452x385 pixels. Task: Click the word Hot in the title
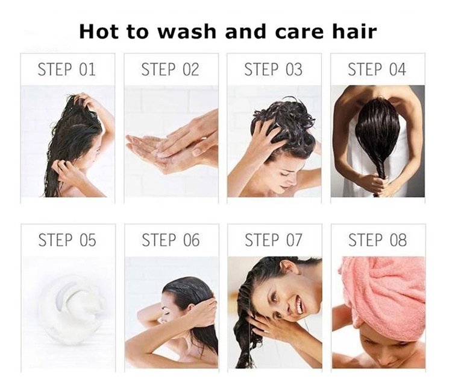pos(99,31)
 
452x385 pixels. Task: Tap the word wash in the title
pos(187,31)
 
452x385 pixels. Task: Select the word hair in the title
pos(354,31)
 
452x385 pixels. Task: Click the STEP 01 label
pos(66,69)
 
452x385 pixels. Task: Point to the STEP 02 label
pos(170,69)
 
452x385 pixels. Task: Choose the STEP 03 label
pos(273,69)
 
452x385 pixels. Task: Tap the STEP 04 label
pos(377,69)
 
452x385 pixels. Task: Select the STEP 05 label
pos(67,240)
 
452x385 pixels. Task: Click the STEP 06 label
pos(171,240)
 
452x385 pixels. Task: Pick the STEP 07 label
pos(274,240)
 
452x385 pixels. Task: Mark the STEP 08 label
pos(377,240)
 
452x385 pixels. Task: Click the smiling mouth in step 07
pos(299,306)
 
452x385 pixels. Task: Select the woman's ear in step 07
pos(287,267)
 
